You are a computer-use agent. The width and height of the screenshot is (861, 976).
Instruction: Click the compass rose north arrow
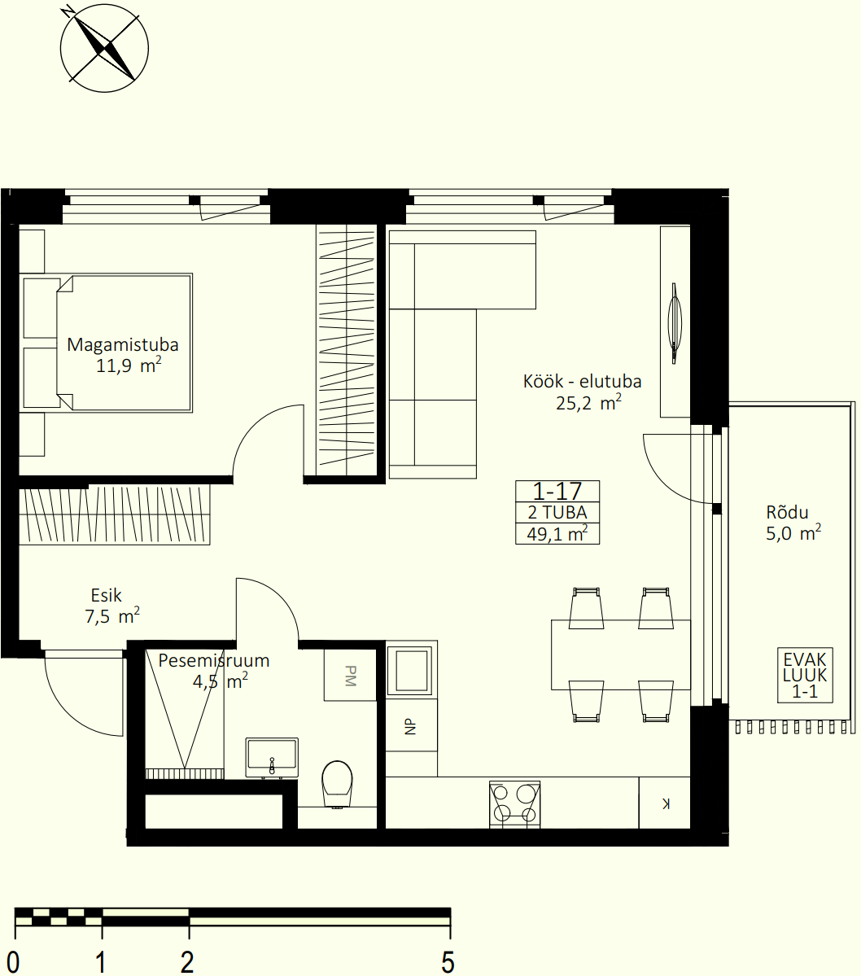(104, 48)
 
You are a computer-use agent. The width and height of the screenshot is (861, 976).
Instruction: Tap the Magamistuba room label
(123, 344)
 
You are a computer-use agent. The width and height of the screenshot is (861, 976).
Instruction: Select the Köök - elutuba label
(582, 381)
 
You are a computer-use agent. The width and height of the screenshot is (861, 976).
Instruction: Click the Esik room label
(107, 596)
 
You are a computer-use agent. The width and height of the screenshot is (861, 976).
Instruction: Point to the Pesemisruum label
(213, 660)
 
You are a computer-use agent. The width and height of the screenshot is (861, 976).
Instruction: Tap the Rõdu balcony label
(787, 512)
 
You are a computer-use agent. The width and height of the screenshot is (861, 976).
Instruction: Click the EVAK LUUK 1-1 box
(805, 676)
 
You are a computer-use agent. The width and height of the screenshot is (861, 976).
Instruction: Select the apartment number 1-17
(557, 491)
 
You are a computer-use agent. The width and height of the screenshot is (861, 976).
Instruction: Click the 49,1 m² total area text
(557, 533)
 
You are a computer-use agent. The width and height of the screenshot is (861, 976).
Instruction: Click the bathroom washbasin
(272, 758)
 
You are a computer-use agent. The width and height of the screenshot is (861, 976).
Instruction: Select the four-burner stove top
(514, 803)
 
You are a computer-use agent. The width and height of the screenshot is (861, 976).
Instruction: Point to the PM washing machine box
(351, 675)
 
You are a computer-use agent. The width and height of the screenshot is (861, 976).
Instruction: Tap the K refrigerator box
(664, 803)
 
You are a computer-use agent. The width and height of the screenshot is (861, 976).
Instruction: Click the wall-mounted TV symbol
(675, 323)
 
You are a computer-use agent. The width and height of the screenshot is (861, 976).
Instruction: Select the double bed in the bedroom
(106, 343)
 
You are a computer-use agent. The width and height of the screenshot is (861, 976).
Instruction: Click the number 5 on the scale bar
(448, 961)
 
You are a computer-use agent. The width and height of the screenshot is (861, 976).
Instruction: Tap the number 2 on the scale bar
(187, 961)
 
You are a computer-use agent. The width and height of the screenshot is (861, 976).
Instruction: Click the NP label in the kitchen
(410, 726)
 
